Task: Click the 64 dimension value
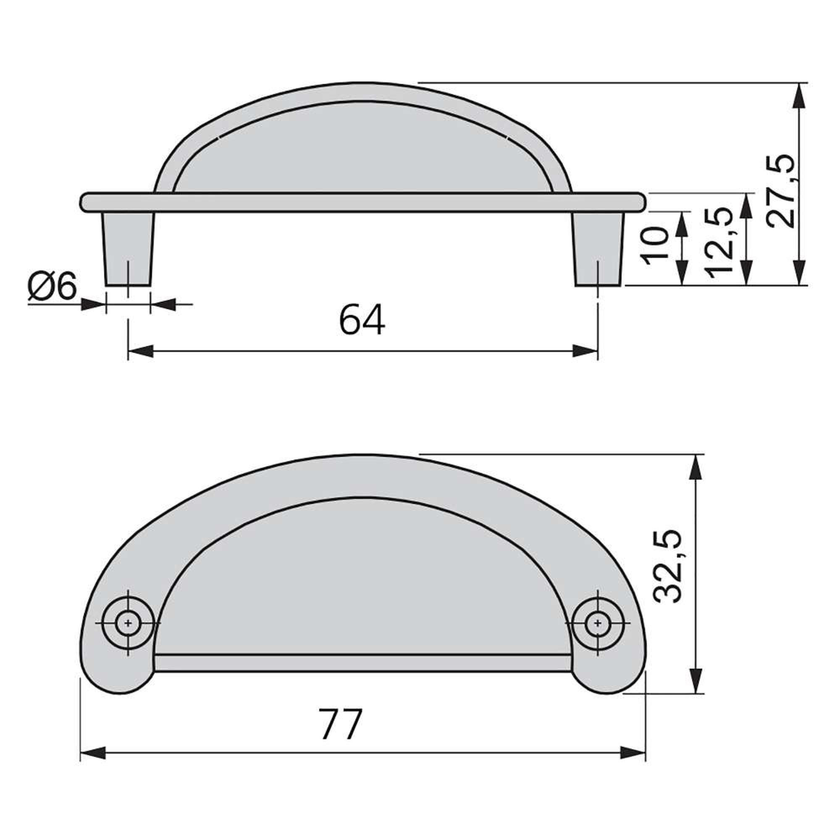(x=362, y=320)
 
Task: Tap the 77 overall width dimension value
(x=340, y=724)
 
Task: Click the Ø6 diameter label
(x=52, y=286)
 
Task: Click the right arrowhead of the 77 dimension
(x=633, y=753)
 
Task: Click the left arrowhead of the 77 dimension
(x=94, y=753)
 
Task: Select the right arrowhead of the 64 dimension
(x=585, y=351)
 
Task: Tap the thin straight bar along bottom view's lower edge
(x=362, y=663)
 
